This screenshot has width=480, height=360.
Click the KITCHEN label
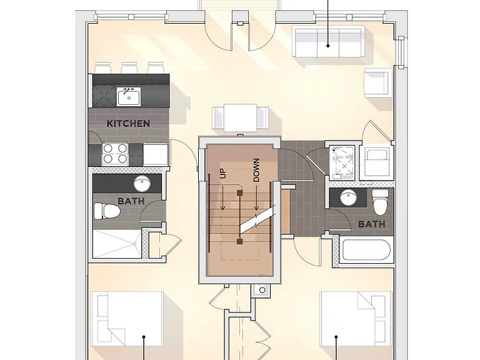(x=128, y=124)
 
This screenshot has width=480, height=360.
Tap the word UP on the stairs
(x=222, y=174)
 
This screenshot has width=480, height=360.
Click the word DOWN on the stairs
(x=256, y=170)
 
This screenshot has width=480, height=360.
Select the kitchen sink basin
(x=129, y=96)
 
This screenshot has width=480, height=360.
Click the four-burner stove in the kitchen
(x=115, y=153)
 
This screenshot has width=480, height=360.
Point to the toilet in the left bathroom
(x=106, y=211)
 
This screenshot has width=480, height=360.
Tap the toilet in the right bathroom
(x=381, y=201)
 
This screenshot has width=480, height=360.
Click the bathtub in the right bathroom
(x=366, y=250)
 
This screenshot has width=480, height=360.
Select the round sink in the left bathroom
(x=142, y=183)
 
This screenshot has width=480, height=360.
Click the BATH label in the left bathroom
(x=131, y=201)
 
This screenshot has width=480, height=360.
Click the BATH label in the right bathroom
(x=372, y=224)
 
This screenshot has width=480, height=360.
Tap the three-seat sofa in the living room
(x=328, y=42)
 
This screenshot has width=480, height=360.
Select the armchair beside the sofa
(x=378, y=82)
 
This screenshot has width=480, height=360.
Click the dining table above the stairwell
(x=240, y=118)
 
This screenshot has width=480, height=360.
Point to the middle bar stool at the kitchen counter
(x=129, y=67)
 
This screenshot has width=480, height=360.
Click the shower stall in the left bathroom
(x=117, y=244)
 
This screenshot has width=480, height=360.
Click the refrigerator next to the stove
(x=156, y=154)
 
